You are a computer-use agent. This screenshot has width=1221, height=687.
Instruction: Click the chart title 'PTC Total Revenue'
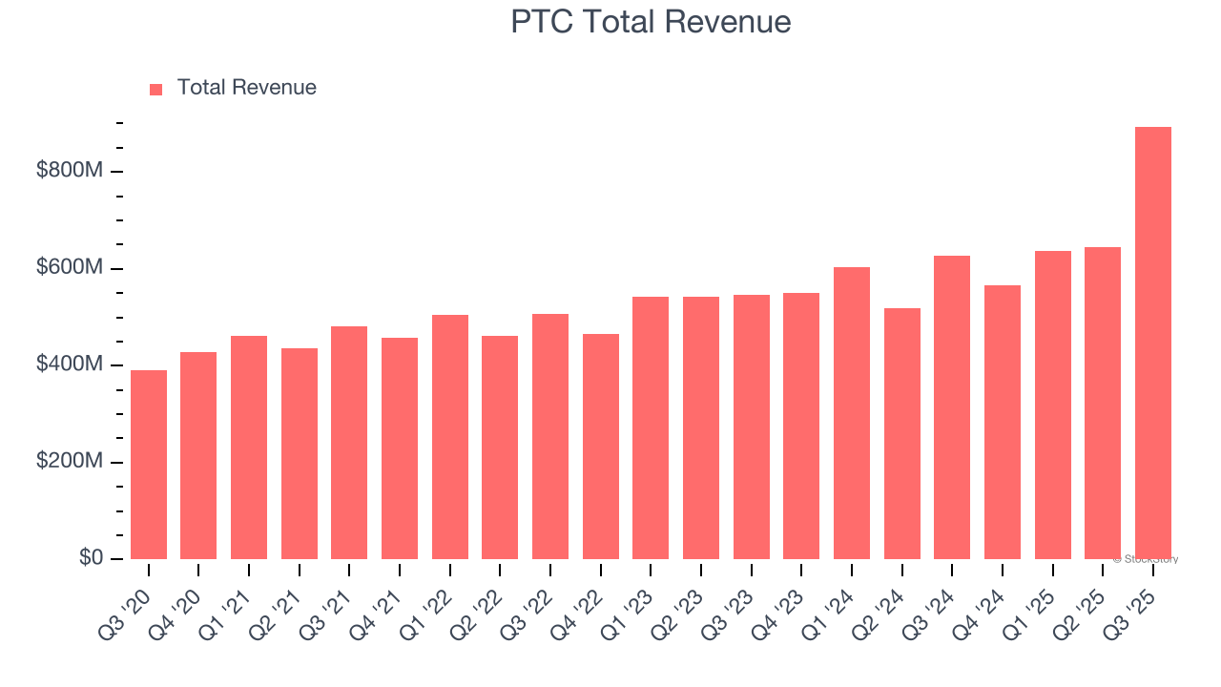point(651,21)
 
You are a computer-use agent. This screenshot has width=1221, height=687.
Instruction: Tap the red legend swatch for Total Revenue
point(156,89)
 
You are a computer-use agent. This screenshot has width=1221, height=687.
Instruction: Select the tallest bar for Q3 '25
point(1152,343)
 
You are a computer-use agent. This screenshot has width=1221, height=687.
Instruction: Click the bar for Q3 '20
point(149,465)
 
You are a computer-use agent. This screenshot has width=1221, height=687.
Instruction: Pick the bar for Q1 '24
point(851,413)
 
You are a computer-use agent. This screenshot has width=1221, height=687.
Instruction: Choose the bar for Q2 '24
point(901,433)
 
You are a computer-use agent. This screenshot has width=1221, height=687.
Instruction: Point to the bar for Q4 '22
point(600,447)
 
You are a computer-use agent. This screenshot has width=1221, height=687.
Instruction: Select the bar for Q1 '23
point(651,427)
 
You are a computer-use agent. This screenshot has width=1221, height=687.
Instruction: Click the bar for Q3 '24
point(952,407)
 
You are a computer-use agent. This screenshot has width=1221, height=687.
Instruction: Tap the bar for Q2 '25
point(1103,403)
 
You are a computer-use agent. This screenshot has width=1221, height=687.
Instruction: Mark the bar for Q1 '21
point(249,448)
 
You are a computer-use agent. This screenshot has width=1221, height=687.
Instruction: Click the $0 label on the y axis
point(92,558)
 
